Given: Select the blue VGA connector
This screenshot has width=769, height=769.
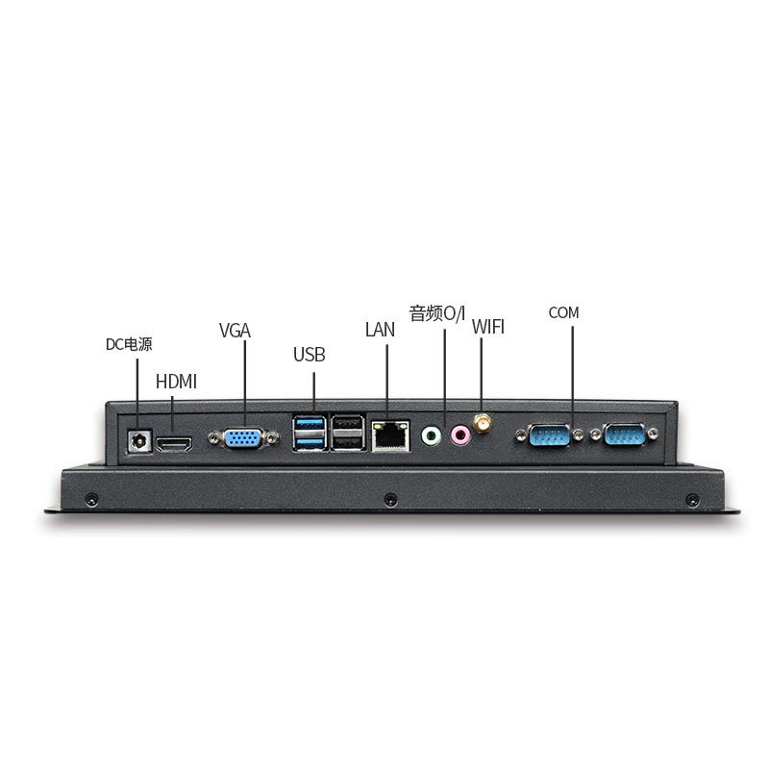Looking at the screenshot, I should tap(241, 439).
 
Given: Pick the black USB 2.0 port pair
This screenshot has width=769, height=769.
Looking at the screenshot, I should tap(346, 433).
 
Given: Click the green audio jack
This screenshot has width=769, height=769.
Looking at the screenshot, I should tap(432, 437).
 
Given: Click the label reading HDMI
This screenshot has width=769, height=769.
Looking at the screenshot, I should tap(176, 382).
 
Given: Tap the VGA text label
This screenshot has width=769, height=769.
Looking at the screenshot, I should tap(235, 331).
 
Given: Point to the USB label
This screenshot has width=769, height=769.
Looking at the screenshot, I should tap(310, 355).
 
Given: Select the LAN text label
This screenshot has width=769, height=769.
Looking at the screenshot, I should tap(380, 330).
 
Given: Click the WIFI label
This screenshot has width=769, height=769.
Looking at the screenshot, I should tap(488, 327).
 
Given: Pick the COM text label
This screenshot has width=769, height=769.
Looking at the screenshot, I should tap(564, 312).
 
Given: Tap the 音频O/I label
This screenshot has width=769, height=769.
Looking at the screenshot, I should tap(437, 313).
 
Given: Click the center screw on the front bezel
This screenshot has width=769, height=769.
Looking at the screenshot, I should tap(389, 500).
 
